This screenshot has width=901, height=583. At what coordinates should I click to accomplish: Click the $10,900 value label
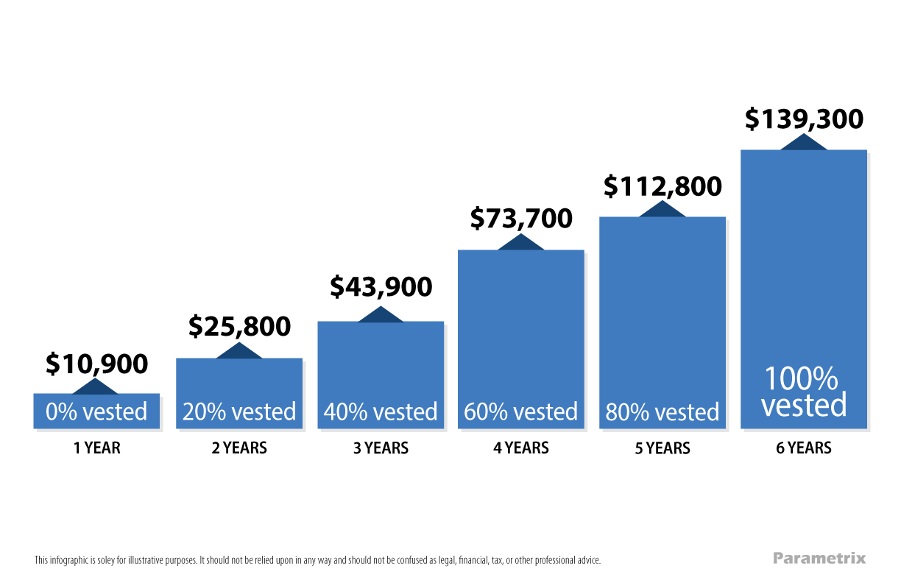click(x=96, y=364)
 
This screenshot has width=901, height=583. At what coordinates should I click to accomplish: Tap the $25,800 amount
click(x=239, y=326)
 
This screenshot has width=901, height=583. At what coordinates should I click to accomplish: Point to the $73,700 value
click(x=521, y=219)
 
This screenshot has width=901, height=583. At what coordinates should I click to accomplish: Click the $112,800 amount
click(x=662, y=186)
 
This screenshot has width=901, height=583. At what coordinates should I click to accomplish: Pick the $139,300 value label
click(x=804, y=119)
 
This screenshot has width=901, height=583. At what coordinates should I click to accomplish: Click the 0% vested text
click(x=96, y=411)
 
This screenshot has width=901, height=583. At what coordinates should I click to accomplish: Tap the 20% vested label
click(x=239, y=411)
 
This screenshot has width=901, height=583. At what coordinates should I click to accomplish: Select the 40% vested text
click(x=381, y=411)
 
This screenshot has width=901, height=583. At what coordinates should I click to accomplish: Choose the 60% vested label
click(x=521, y=411)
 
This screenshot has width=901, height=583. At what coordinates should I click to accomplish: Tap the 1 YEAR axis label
click(x=96, y=448)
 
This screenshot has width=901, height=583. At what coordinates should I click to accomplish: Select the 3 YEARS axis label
click(x=381, y=448)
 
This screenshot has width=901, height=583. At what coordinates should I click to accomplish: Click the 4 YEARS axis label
click(x=521, y=448)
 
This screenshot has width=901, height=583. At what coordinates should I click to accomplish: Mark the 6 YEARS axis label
click(x=804, y=448)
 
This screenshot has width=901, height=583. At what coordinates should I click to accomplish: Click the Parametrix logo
click(x=819, y=558)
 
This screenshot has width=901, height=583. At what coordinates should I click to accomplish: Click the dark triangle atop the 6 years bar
click(x=804, y=143)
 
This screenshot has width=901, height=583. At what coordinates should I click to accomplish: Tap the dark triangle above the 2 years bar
click(x=239, y=352)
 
